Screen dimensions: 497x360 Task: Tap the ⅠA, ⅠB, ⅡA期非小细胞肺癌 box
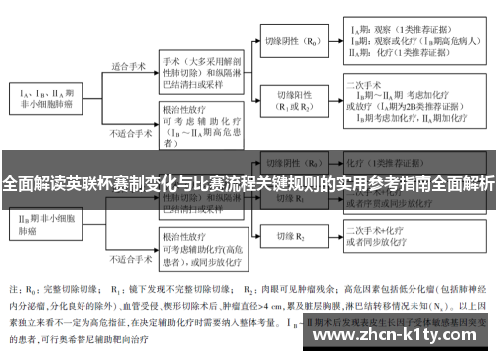tap(46, 97)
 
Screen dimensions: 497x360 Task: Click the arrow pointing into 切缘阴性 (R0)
tap(253, 43)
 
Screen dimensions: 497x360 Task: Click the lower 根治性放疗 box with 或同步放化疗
tap(199, 240)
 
